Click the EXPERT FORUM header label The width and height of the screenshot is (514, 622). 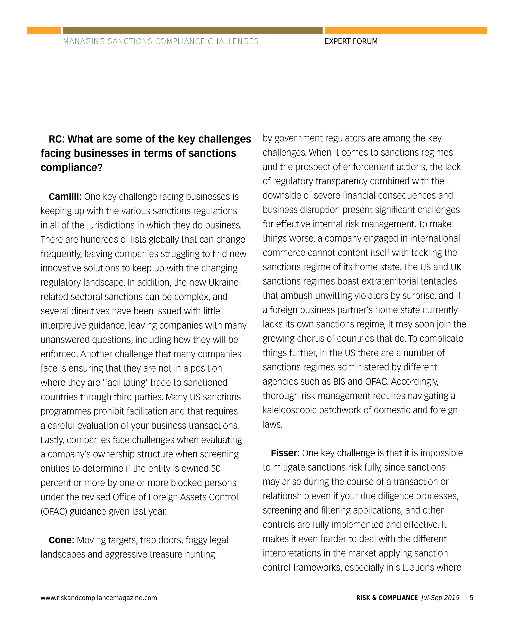pyautogui.click(x=351, y=41)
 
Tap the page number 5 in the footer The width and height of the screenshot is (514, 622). pyautogui.click(x=471, y=597)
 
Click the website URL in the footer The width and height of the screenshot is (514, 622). pyautogui.click(x=99, y=597)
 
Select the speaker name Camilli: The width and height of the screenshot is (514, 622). pyautogui.click(x=65, y=196)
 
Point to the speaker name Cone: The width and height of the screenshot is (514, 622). pyautogui.click(x=61, y=540)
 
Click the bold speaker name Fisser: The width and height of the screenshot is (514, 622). pyautogui.click(x=285, y=453)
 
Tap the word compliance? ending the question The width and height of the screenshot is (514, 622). pyautogui.click(x=71, y=168)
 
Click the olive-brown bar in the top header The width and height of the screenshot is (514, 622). pyautogui.click(x=192, y=31)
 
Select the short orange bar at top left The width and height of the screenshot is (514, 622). pyautogui.click(x=44, y=31)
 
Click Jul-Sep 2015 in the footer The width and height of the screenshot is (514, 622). pyautogui.click(x=440, y=597)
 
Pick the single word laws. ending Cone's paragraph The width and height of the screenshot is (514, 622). pyautogui.click(x=272, y=425)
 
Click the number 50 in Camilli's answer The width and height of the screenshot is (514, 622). pyautogui.click(x=216, y=468)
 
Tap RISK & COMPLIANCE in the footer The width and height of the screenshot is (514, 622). pyautogui.click(x=387, y=597)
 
